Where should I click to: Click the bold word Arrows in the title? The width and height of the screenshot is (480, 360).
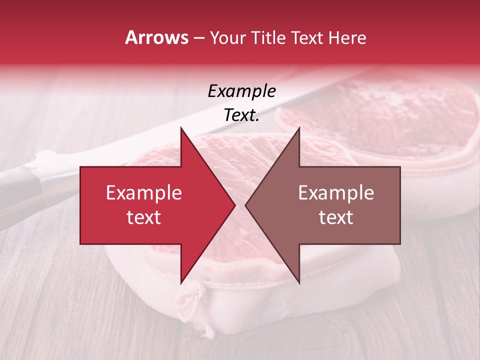[157, 37]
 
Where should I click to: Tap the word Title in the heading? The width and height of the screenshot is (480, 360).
[267, 37]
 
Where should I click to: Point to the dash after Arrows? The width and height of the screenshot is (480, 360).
[198, 38]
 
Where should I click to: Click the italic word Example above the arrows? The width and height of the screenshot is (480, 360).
[241, 91]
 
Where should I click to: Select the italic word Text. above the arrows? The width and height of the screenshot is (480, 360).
[241, 115]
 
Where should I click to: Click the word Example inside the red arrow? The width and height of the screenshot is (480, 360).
[143, 193]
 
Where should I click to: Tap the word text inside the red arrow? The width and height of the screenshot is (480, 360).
[143, 217]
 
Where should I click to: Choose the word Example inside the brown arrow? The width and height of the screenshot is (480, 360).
[336, 193]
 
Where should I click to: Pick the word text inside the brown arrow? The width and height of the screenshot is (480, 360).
[336, 217]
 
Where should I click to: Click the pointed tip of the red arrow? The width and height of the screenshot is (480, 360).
[235, 205]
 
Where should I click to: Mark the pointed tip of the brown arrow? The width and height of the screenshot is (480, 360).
[245, 205]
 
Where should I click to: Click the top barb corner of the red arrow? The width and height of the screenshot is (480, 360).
[181, 127]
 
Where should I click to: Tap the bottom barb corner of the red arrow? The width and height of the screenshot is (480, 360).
[181, 283]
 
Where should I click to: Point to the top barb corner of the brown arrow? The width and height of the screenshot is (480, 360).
[299, 127]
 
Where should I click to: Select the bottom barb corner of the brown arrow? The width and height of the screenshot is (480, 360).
[299, 283]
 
